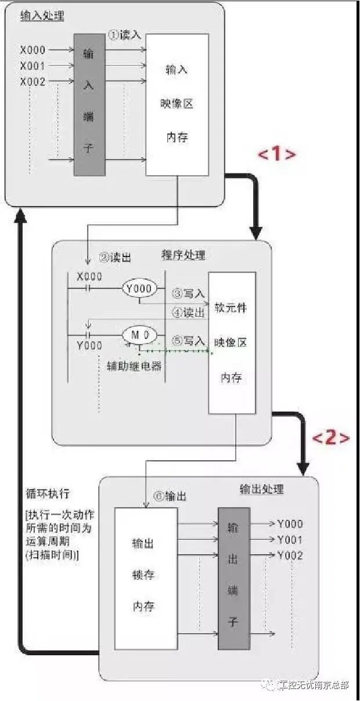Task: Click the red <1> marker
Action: click(x=277, y=154)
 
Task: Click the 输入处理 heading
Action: click(x=42, y=16)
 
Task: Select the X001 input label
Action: click(x=33, y=66)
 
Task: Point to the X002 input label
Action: click(x=33, y=82)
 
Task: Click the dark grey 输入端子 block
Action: click(x=89, y=104)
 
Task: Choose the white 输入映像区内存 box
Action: click(x=177, y=104)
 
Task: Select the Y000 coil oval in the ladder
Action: click(x=139, y=288)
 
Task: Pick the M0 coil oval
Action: click(x=139, y=335)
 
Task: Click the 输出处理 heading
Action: click(x=262, y=489)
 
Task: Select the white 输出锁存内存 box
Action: click(x=145, y=578)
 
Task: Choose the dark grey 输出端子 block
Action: click(x=233, y=578)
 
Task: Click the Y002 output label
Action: click(x=290, y=555)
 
